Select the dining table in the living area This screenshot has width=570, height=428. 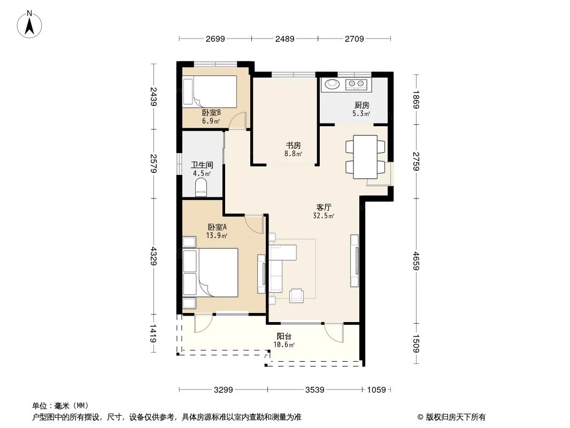pyautogui.click(x=365, y=156)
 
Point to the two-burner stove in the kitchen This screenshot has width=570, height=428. pyautogui.click(x=357, y=84)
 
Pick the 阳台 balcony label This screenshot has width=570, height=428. pyautogui.click(x=284, y=337)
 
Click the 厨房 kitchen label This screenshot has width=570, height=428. pyautogui.click(x=361, y=105)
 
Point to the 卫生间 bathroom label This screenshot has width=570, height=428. pyautogui.click(x=202, y=165)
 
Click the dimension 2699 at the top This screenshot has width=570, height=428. pyautogui.click(x=215, y=39)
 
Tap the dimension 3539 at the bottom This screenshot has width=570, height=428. pyautogui.click(x=315, y=390)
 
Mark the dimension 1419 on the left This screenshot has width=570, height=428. pyautogui.click(x=153, y=334)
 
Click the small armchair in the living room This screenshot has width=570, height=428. pyautogui.click(x=297, y=295)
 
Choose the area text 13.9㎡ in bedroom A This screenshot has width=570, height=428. pyautogui.click(x=218, y=235)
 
